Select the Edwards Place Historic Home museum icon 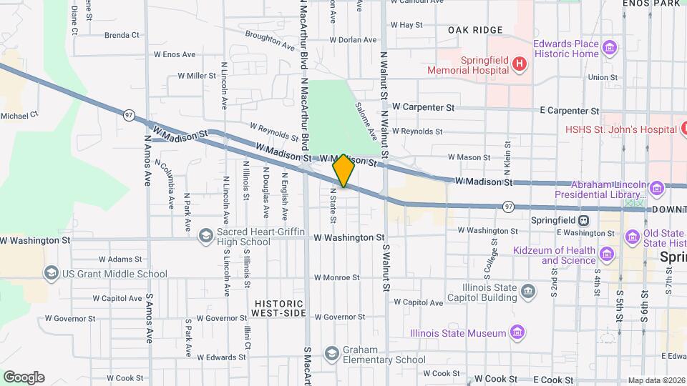point(609,49)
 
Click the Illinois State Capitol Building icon point(528,292)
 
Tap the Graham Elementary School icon point(331,353)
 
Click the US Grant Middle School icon point(51,273)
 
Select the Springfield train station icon point(584,220)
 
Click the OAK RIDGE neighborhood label point(475,30)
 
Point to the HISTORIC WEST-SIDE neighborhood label point(279,308)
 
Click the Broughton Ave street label point(270,40)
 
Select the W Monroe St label point(336,277)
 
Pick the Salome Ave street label point(366,119)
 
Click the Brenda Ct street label point(122,35)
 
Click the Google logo point(24,377)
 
